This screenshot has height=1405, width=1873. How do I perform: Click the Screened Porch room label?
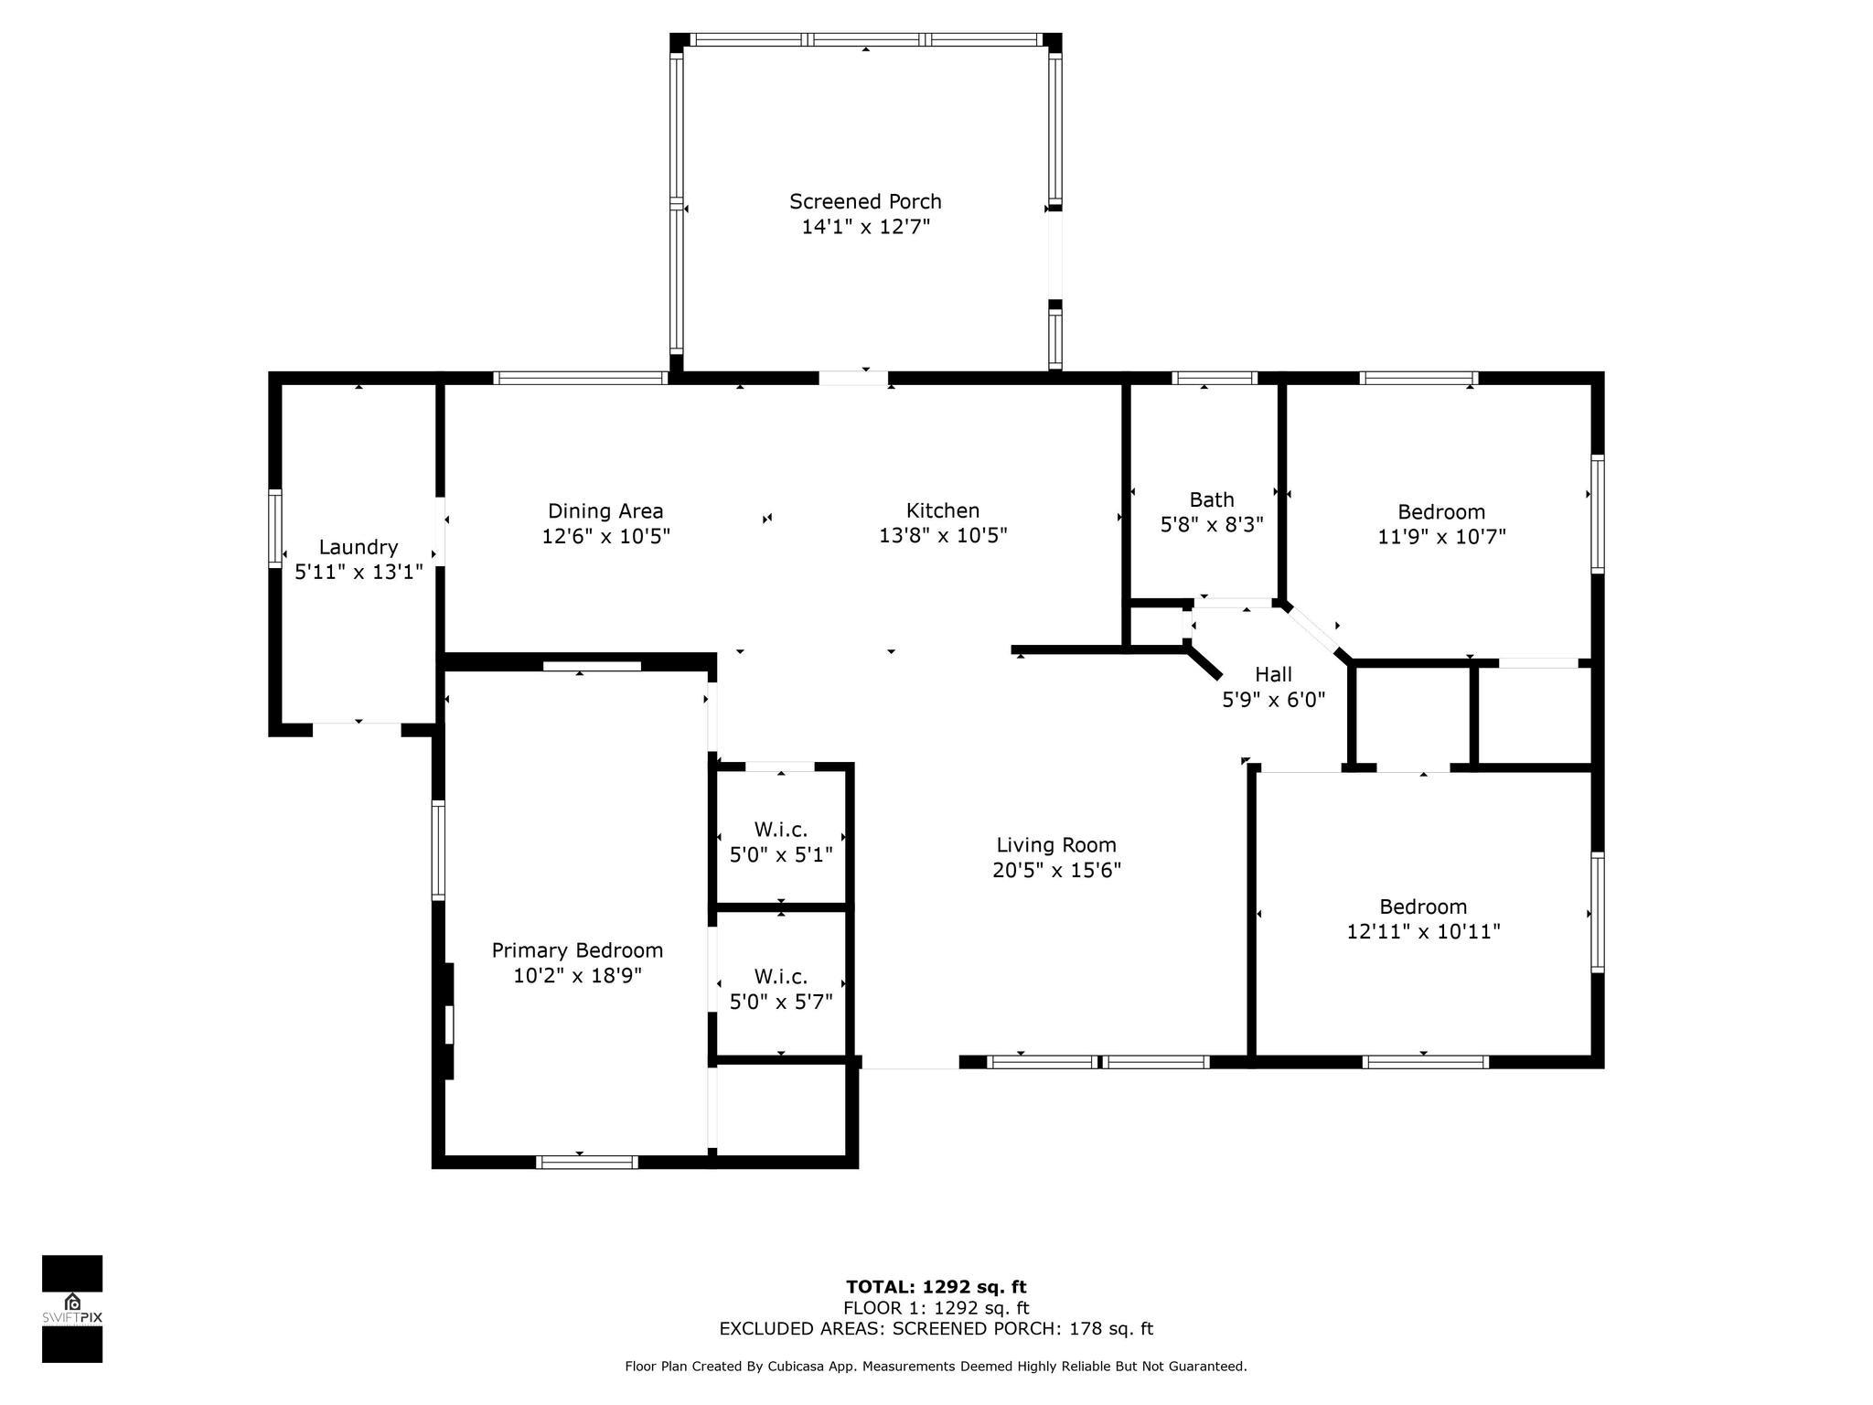point(865,201)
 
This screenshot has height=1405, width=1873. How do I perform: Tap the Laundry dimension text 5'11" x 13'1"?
point(359,573)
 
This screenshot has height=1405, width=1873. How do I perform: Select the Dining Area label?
point(605,511)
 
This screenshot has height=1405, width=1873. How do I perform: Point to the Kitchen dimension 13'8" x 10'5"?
point(943,536)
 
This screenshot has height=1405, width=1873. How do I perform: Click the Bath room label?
point(1212,499)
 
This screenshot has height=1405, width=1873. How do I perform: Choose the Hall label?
point(1273,674)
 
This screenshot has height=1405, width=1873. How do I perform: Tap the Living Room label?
point(1056,845)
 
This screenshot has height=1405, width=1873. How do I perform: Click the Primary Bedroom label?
point(577,950)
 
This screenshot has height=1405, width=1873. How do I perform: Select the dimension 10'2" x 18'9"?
point(577,976)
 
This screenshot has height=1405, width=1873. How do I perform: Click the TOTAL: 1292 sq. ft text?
point(936,1288)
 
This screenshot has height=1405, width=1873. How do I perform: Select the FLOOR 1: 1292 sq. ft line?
point(936,1308)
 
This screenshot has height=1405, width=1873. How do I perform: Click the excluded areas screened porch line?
point(936,1329)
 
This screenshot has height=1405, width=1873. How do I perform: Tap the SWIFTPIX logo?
point(72,1309)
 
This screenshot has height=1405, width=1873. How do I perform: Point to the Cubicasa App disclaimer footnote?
point(936,1367)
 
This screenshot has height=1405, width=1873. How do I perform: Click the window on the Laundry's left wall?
point(274,528)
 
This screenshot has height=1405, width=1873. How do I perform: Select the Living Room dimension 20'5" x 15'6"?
point(1056,870)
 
